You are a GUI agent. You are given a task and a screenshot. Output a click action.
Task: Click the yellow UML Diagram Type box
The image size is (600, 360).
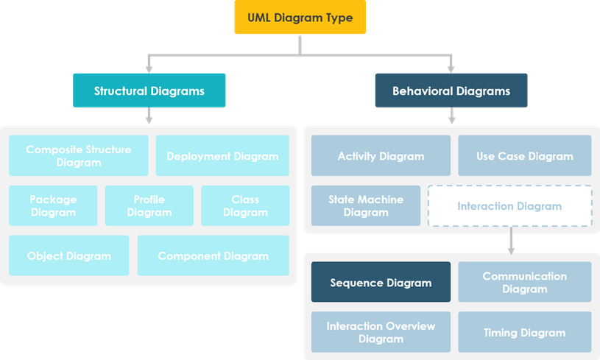(x=300, y=18)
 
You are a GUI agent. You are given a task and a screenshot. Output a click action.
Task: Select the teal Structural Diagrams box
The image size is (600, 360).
(x=149, y=91)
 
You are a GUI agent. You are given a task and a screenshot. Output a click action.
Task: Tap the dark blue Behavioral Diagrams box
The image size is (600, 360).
(x=451, y=91)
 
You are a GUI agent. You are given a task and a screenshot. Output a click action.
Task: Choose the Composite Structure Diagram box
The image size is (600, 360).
(x=79, y=155)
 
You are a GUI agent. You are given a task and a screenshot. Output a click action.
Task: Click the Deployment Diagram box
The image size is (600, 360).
(x=222, y=155)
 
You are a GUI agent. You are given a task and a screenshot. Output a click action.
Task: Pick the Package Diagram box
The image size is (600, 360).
(x=53, y=205)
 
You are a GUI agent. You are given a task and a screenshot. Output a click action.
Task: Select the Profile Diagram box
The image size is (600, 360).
(x=149, y=205)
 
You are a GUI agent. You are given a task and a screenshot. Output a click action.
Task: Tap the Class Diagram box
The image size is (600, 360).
(x=245, y=205)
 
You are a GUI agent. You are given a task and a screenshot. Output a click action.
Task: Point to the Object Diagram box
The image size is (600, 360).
(x=69, y=255)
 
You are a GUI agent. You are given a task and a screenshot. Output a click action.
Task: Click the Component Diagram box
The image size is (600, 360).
(x=213, y=255)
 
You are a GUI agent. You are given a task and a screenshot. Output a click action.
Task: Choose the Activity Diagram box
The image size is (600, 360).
(x=381, y=155)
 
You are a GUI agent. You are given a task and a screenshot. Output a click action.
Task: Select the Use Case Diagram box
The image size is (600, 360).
(x=524, y=155)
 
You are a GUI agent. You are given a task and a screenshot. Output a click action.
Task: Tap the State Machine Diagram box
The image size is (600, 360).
(x=366, y=205)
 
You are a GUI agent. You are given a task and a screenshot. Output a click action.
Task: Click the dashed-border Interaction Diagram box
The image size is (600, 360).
(x=509, y=205)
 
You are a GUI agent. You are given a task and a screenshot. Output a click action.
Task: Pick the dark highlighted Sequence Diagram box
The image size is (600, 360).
(x=381, y=282)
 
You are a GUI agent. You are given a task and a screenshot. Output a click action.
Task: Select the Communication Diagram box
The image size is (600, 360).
(x=524, y=282)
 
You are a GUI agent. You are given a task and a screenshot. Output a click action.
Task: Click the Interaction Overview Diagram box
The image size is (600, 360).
(x=381, y=332)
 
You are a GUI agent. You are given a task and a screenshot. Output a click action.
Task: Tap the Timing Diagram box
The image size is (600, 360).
(x=524, y=332)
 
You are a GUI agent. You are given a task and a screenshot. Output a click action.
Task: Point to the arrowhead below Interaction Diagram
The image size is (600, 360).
(x=511, y=250)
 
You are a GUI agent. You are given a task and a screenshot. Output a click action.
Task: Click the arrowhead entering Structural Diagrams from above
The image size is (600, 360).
(x=149, y=68)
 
